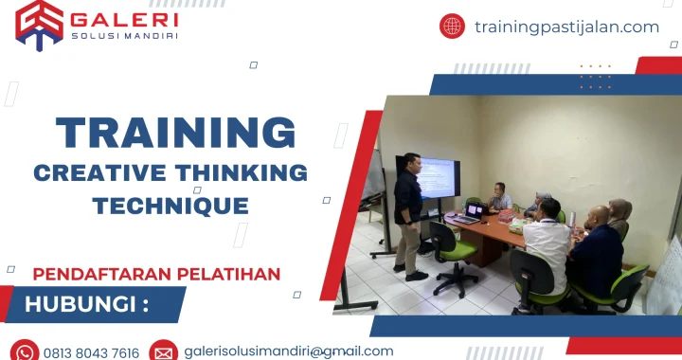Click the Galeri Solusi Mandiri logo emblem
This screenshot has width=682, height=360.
tap(39, 24)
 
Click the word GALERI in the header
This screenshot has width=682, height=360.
tap(123, 19)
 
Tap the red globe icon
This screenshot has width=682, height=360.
tap(452, 27)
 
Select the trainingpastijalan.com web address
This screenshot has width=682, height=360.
tap(566, 27)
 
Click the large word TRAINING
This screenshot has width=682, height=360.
tap(175, 133)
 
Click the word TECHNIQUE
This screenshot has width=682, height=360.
tap(170, 205)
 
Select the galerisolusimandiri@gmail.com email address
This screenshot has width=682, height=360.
tap(289, 351)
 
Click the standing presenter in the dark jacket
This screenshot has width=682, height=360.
tap(409, 213)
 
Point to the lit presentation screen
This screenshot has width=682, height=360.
tap(440, 176)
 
